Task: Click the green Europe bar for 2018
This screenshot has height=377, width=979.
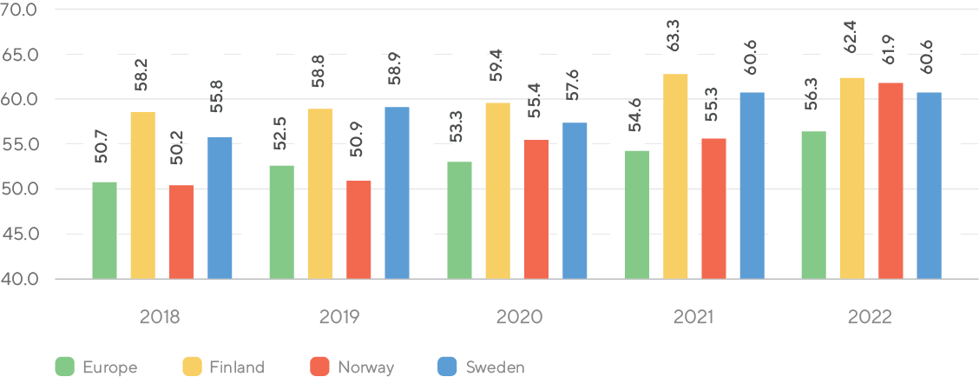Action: tap(104, 230)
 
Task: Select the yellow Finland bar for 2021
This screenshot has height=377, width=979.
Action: tap(675, 176)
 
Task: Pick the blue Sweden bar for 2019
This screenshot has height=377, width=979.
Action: tap(397, 193)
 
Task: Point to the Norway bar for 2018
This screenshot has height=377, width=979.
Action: tap(181, 232)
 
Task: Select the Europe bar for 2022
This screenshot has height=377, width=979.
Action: tap(813, 205)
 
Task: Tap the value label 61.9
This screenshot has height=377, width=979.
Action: tap(891, 54)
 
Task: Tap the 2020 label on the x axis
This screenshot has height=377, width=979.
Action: tap(519, 317)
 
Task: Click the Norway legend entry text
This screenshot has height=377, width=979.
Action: tap(365, 367)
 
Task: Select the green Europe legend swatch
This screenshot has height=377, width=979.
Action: tap(64, 367)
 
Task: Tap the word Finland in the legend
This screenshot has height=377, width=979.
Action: tap(236, 367)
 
